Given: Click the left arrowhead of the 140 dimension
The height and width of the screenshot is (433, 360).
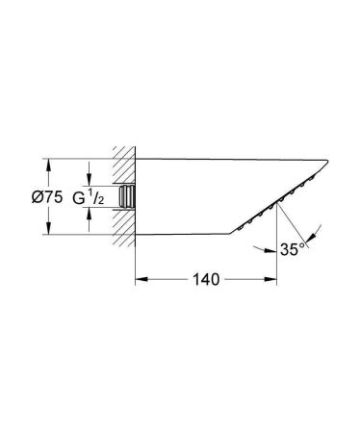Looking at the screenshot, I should point(137,281).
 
